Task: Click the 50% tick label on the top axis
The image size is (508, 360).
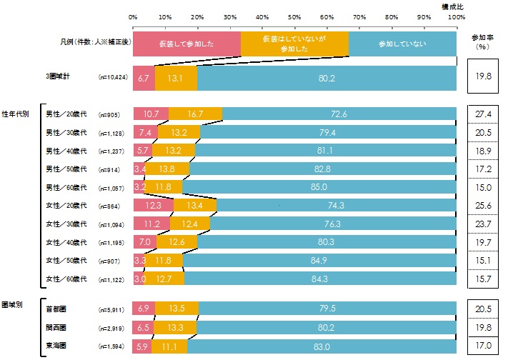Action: tap(294, 16)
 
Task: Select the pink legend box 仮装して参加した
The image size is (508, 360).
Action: tap(186, 44)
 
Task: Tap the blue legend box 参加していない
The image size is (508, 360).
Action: tap(403, 44)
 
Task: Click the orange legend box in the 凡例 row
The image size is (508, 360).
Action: tap(294, 44)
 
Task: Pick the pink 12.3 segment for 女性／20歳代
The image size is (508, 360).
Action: tap(153, 206)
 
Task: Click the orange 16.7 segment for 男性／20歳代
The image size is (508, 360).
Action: tap(195, 114)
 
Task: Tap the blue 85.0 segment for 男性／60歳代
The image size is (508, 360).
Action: tap(320, 187)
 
